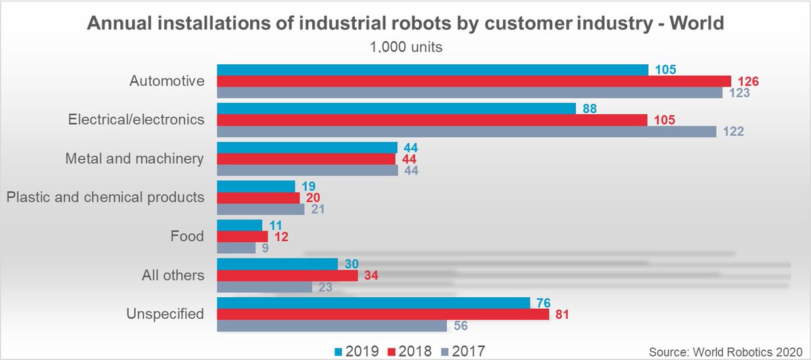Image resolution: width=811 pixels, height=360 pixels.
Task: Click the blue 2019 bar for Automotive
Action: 432,70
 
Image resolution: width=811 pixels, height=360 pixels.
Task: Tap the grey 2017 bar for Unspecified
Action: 331,326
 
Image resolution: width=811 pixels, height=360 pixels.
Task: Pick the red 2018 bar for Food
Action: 242,236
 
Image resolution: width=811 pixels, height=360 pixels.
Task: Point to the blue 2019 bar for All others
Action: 277,264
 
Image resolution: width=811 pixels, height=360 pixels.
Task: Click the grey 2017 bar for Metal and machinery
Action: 307,171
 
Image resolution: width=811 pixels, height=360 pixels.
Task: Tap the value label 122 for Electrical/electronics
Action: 733,132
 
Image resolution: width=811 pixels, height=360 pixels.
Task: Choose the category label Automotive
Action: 166,81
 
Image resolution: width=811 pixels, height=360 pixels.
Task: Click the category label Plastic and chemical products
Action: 105,197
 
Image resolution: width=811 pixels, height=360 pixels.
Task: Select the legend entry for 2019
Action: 358,351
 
